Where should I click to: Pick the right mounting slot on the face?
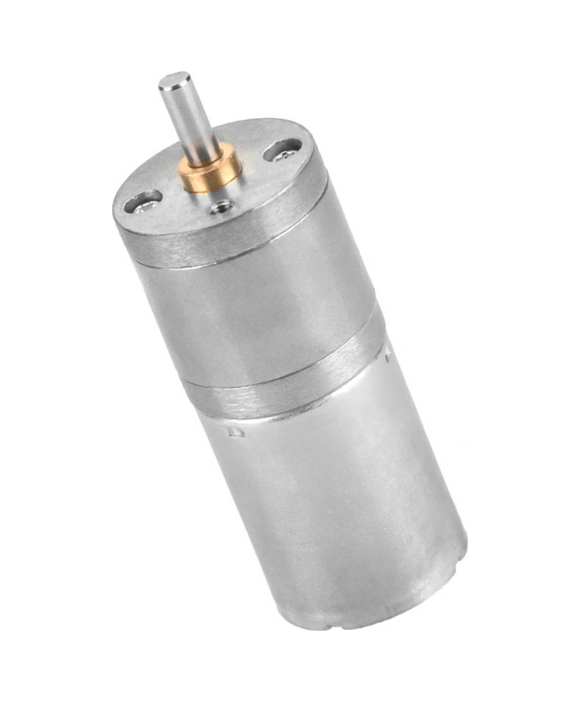282,153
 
